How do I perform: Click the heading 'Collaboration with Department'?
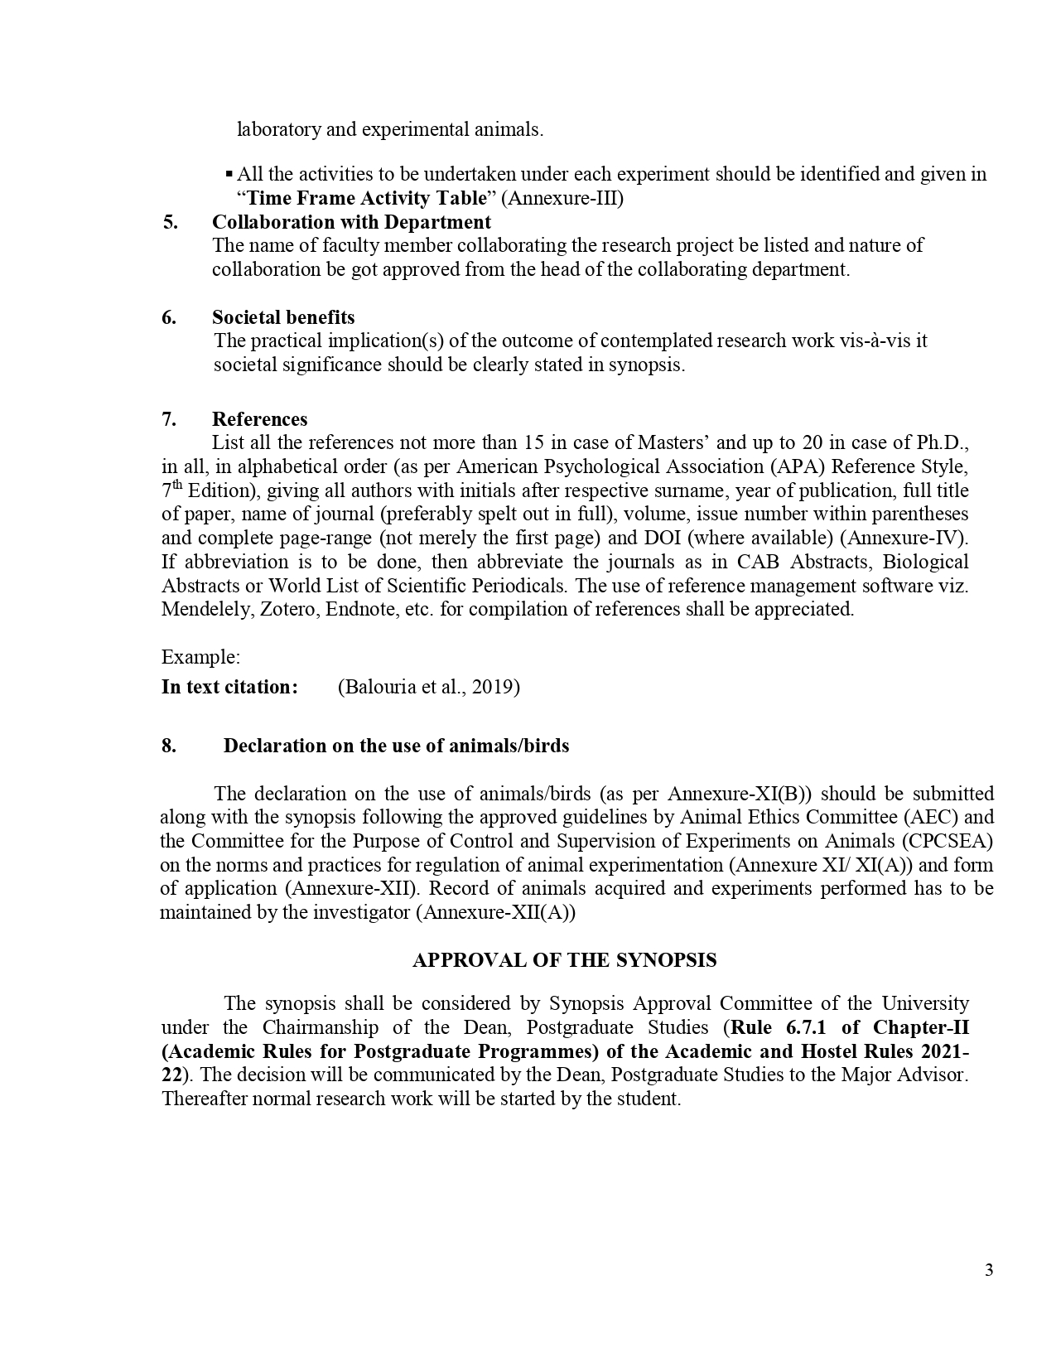pos(351,222)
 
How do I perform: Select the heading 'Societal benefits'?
pos(283,317)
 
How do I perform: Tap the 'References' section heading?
pos(259,418)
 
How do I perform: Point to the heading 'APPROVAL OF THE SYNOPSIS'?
pos(564,959)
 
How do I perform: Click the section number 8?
pos(169,745)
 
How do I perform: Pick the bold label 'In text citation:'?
pos(229,687)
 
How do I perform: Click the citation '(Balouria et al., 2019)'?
pos(429,687)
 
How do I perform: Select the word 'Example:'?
pos(200,657)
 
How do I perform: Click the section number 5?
pos(170,222)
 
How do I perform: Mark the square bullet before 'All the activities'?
pos(229,174)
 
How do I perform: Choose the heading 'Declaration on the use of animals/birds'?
pos(396,745)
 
